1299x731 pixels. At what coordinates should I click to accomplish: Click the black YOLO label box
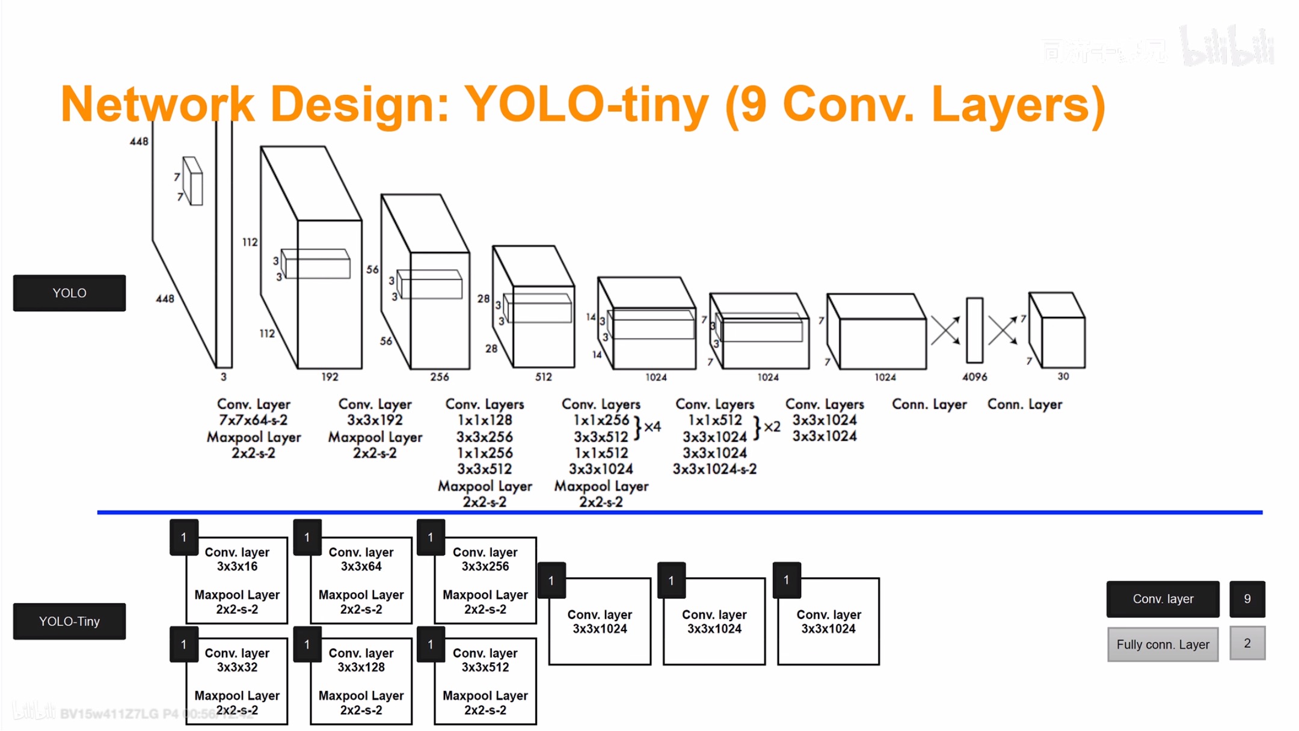[69, 293]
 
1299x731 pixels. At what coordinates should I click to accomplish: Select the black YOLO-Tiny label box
[69, 621]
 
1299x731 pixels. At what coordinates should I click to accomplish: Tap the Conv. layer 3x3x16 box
[237, 580]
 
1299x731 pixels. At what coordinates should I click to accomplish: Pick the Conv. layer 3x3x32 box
[237, 681]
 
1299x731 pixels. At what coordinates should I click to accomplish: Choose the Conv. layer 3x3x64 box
[361, 580]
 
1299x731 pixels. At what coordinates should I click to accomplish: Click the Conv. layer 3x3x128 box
[361, 681]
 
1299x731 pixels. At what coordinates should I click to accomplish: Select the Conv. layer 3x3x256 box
[485, 580]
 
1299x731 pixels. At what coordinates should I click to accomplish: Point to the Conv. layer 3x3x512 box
[485, 681]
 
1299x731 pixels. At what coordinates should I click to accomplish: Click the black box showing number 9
[1247, 599]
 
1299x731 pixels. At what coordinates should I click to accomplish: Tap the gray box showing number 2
[1247, 643]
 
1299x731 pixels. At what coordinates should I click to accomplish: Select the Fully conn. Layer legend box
[1162, 644]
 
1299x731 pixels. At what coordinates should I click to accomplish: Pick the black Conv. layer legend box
[1162, 599]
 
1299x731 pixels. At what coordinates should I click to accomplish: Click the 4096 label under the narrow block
[974, 377]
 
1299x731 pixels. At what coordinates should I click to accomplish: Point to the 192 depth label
[330, 377]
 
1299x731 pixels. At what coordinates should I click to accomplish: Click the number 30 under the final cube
[1063, 376]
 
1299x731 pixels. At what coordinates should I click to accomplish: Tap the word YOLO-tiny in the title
[586, 104]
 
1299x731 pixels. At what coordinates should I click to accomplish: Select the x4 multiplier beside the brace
[653, 427]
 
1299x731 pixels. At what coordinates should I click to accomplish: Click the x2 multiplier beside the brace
[772, 427]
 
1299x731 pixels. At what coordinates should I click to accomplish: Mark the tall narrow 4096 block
[974, 330]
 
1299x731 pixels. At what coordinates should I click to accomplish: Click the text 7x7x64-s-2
[253, 420]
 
